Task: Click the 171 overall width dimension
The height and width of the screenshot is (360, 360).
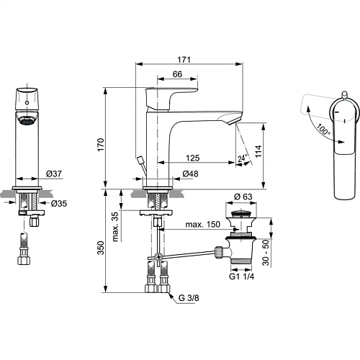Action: click(x=184, y=60)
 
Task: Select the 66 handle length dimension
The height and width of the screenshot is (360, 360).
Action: click(x=177, y=74)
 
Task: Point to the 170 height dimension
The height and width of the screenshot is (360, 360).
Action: click(x=101, y=145)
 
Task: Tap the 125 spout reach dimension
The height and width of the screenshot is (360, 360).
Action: click(x=193, y=158)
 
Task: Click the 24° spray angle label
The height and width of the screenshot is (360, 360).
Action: click(x=243, y=158)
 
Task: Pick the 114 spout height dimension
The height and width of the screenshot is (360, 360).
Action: click(x=258, y=151)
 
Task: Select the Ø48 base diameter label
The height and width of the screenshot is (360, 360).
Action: click(x=191, y=174)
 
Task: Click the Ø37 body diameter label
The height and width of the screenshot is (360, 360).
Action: click(x=54, y=174)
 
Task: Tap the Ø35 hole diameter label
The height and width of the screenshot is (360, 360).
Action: click(x=59, y=204)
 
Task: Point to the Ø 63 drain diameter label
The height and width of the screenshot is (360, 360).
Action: click(x=243, y=197)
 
